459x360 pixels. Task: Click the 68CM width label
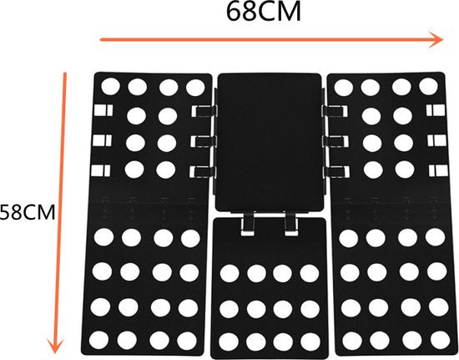point(264,12)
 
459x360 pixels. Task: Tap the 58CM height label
point(28,212)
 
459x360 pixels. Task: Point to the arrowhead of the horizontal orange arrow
point(436,39)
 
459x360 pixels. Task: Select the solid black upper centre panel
point(270,142)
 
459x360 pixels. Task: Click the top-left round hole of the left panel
point(110,87)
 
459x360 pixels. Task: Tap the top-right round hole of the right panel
point(428,87)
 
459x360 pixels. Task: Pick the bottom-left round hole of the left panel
point(98,341)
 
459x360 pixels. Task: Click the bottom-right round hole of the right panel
point(440,341)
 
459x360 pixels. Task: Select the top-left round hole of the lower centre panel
point(229,273)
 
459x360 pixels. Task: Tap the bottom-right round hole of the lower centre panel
point(310,342)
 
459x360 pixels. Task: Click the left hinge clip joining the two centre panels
point(248,224)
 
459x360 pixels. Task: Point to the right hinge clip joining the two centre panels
point(291,224)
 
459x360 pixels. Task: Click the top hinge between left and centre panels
point(204,111)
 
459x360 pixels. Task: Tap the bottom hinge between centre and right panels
point(336,172)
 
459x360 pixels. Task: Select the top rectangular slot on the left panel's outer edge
point(103,110)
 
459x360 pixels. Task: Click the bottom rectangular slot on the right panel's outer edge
point(438,170)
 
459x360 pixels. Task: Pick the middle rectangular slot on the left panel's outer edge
point(102,140)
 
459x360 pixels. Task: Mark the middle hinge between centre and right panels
point(335,141)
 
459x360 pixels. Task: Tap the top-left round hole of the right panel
point(343,88)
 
